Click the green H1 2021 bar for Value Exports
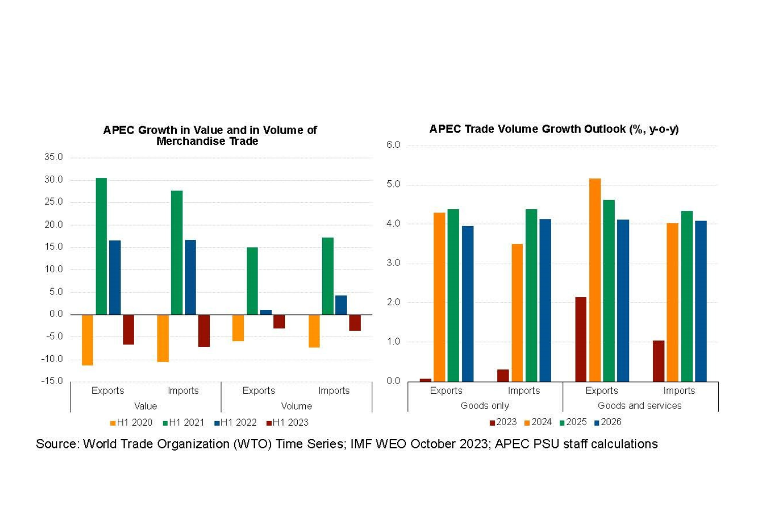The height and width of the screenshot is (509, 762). click(x=101, y=246)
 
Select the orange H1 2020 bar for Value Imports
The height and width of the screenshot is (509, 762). click(x=163, y=338)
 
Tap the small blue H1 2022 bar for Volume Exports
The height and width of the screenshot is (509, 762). click(x=266, y=312)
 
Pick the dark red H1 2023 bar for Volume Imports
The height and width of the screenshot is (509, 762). click(x=355, y=323)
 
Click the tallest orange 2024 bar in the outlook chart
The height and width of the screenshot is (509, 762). click(x=595, y=280)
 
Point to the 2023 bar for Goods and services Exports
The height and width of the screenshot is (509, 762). click(x=581, y=339)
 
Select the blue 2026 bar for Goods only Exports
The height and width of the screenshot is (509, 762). click(x=467, y=304)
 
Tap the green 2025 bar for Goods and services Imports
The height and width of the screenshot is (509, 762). click(x=687, y=296)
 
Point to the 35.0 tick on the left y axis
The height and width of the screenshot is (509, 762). click(x=53, y=157)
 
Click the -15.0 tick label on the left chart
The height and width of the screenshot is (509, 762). click(x=52, y=381)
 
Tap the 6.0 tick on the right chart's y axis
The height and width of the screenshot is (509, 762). click(x=393, y=145)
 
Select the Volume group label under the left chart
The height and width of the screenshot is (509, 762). click(x=296, y=406)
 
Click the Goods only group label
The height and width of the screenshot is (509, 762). click(x=485, y=405)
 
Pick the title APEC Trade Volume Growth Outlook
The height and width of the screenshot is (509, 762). click(x=554, y=129)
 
